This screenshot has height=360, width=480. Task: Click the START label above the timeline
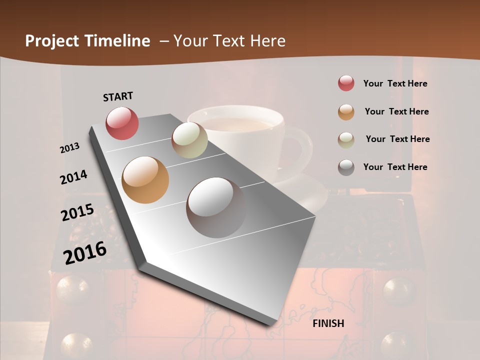pyautogui.click(x=118, y=96)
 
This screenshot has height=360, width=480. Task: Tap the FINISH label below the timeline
pyautogui.click(x=328, y=323)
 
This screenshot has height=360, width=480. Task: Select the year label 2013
pyautogui.click(x=70, y=147)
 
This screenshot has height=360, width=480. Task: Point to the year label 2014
pyautogui.click(x=73, y=177)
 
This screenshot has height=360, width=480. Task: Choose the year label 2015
pyautogui.click(x=77, y=212)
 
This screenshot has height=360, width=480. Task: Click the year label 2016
pyautogui.click(x=85, y=252)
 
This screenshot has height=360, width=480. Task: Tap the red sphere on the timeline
pyautogui.click(x=122, y=123)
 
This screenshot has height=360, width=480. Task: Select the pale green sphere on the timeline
pyautogui.click(x=189, y=140)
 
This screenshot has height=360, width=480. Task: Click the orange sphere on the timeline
pyautogui.click(x=145, y=180)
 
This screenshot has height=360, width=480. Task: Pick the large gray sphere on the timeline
pyautogui.click(x=216, y=207)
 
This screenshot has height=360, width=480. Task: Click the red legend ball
pyautogui.click(x=346, y=83)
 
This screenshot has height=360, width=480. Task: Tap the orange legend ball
pyautogui.click(x=346, y=112)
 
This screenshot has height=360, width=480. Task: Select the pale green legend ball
pyautogui.click(x=346, y=140)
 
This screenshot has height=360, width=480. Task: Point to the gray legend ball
pyautogui.click(x=346, y=167)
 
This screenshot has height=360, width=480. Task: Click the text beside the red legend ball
pyautogui.click(x=395, y=83)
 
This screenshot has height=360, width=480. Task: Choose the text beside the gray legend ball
pyautogui.click(x=395, y=167)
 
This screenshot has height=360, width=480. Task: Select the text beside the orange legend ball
pyautogui.click(x=396, y=111)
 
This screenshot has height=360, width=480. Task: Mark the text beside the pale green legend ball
pyautogui.click(x=397, y=139)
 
